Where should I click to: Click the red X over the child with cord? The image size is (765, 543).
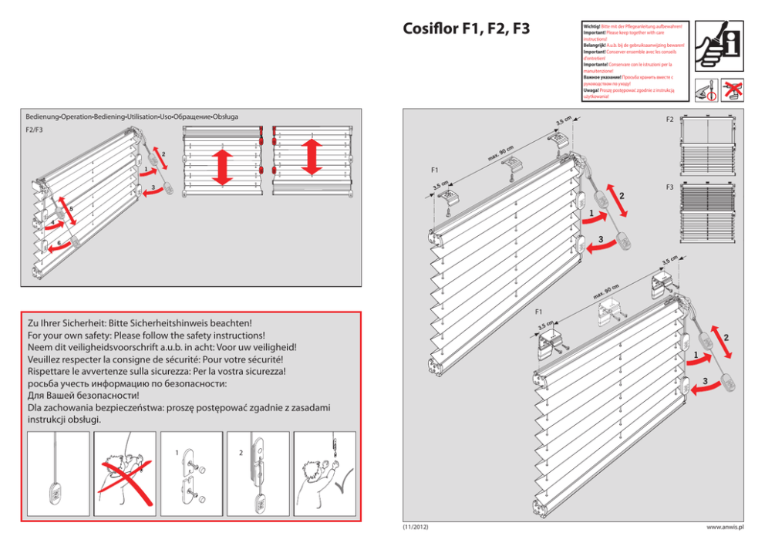(x=123, y=472)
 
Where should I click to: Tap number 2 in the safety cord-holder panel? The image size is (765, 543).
(x=241, y=453)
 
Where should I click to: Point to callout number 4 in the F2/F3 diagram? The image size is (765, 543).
(x=52, y=224)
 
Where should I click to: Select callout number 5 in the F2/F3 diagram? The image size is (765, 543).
(x=71, y=209)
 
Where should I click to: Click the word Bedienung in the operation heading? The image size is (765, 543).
(x=42, y=116)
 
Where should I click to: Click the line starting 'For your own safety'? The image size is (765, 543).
(x=147, y=336)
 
